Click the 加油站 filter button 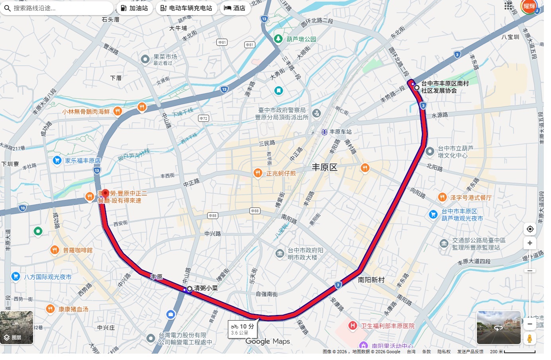(134, 8)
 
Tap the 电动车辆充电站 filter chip (186, 8)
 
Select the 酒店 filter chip (235, 8)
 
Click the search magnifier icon (7, 8)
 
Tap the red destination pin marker (105, 194)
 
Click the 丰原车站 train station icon (324, 132)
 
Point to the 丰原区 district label (324, 167)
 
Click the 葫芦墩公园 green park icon (278, 39)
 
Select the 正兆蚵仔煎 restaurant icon (258, 173)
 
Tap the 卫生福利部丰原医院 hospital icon (352, 326)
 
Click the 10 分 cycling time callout (242, 329)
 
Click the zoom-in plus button (529, 243)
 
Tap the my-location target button (529, 229)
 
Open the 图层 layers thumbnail (17, 327)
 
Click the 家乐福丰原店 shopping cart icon (57, 160)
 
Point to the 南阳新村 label (371, 280)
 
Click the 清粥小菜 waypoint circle (190, 289)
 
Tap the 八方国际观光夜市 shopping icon (16, 276)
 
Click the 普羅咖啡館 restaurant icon (55, 250)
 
